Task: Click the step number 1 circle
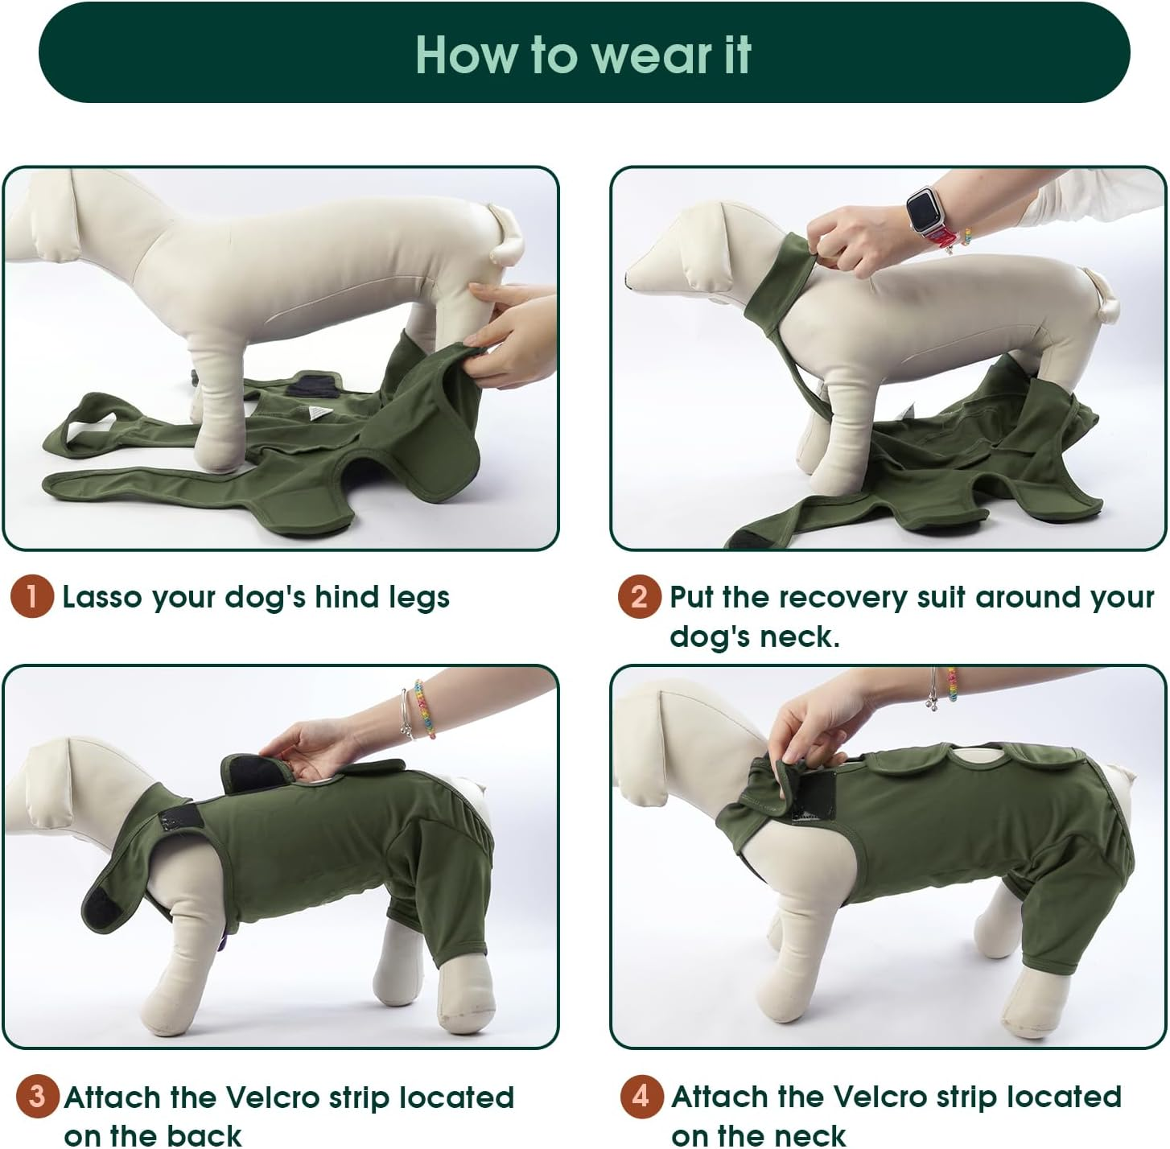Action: click(31, 597)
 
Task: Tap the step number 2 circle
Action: click(639, 597)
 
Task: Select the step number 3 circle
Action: click(36, 1096)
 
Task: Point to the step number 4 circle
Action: click(641, 1096)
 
